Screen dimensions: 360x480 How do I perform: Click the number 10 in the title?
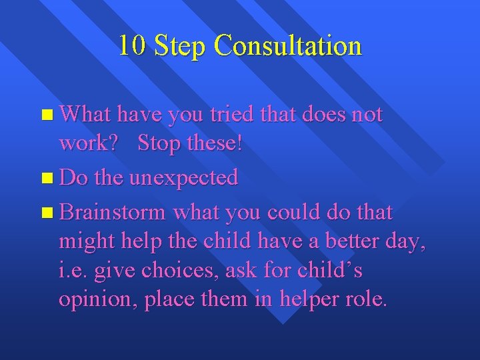click(132, 45)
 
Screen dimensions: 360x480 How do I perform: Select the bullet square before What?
click(45, 116)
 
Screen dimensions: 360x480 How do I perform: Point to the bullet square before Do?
click(45, 179)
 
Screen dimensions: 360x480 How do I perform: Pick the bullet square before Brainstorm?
click(45, 213)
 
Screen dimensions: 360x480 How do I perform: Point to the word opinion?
click(97, 300)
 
